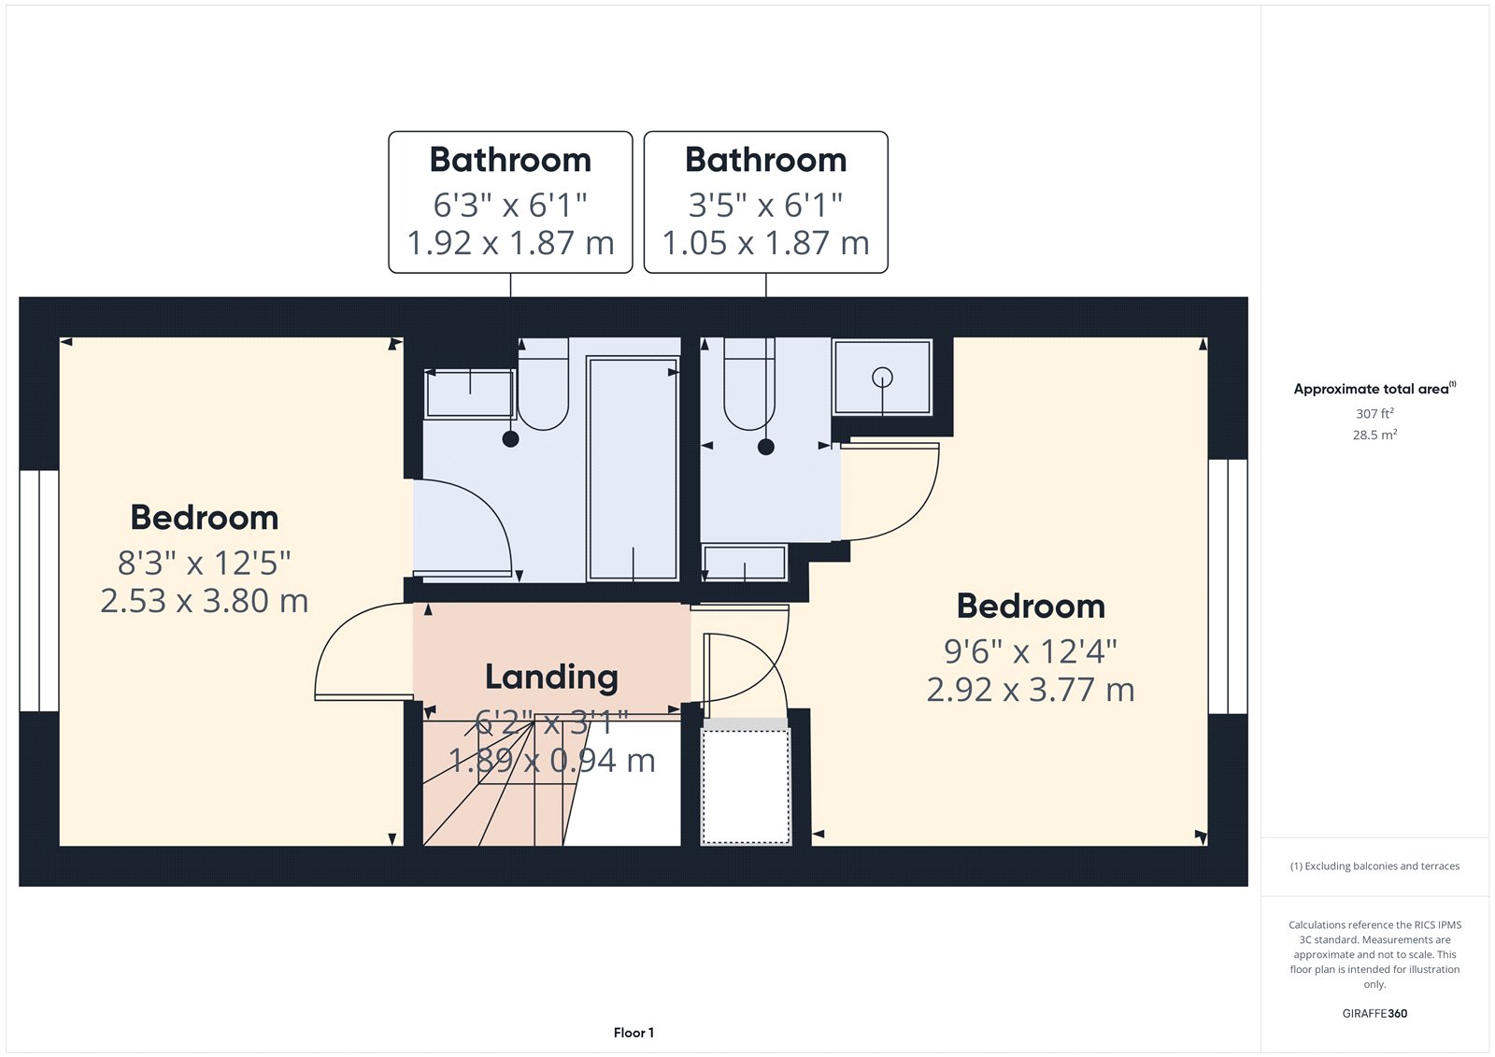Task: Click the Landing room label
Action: (x=551, y=677)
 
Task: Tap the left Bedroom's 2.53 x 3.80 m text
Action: (x=205, y=601)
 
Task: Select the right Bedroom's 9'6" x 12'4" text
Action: (x=1031, y=651)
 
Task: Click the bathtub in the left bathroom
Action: (x=633, y=468)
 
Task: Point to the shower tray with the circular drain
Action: (x=882, y=378)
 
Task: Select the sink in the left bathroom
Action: (x=470, y=393)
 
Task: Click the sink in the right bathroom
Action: (x=745, y=563)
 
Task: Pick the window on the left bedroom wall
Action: (x=39, y=591)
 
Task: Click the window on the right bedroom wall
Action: (x=1228, y=586)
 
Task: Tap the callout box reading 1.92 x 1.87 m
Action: (x=510, y=202)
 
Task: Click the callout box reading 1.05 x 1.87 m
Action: (x=765, y=202)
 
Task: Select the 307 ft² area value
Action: (x=1374, y=413)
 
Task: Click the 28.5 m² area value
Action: (x=1374, y=435)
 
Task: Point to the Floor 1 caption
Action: (x=634, y=1033)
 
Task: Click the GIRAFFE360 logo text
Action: (x=1374, y=1013)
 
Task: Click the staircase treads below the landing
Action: (x=495, y=794)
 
